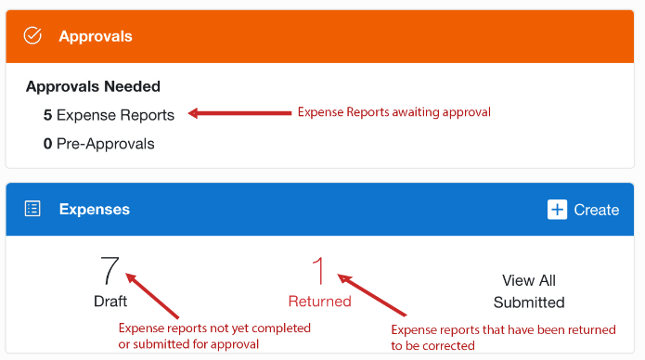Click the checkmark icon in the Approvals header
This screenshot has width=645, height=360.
click(x=32, y=36)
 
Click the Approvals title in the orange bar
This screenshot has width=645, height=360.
click(x=96, y=37)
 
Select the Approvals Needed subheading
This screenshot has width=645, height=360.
click(x=93, y=86)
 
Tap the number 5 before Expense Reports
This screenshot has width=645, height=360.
click(x=47, y=116)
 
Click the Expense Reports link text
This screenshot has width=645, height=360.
click(x=115, y=116)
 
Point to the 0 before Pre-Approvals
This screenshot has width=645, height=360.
click(x=47, y=144)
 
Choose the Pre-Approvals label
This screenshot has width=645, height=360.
click(x=106, y=144)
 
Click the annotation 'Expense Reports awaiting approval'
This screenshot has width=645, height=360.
click(x=393, y=112)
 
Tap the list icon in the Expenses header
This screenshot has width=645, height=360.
click(x=32, y=209)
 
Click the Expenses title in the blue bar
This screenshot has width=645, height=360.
click(x=95, y=210)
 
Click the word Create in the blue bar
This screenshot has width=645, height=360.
click(x=596, y=210)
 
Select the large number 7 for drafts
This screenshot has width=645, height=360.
click(x=110, y=270)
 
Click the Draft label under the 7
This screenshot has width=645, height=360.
click(x=110, y=302)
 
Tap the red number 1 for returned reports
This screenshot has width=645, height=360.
click(x=319, y=270)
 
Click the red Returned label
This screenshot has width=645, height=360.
click(x=319, y=302)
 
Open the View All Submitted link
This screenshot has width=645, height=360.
click(x=529, y=291)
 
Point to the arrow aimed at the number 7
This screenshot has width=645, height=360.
click(x=152, y=295)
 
